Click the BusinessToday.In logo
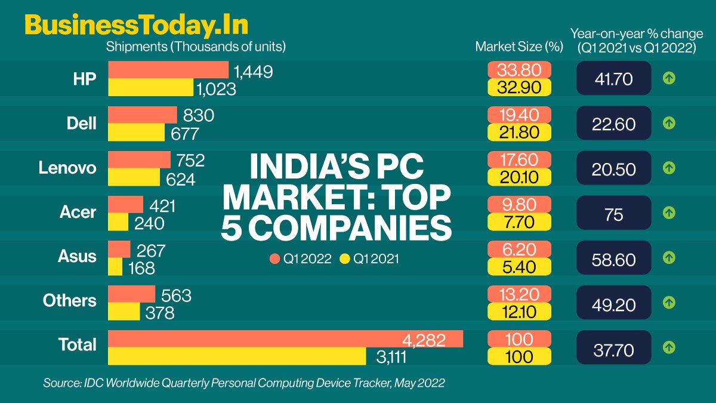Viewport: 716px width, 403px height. (136, 26)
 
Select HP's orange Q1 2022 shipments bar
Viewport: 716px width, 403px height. (168, 70)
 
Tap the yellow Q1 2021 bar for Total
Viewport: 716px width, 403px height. (237, 356)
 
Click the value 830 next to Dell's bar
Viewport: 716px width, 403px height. (199, 115)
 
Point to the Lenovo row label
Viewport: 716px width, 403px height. (67, 168)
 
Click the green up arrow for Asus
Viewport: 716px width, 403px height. (669, 257)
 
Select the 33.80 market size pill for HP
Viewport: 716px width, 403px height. (519, 70)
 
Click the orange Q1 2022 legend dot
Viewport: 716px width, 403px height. (274, 259)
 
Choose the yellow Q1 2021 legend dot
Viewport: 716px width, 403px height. (344, 259)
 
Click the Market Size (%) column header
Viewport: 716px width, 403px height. (519, 47)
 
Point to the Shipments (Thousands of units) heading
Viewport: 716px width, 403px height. (196, 46)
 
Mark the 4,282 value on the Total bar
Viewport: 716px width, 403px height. (424, 340)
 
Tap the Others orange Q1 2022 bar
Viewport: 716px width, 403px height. (131, 294)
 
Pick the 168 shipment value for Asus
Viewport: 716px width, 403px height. (142, 268)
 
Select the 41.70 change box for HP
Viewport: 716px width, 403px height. (613, 78)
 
